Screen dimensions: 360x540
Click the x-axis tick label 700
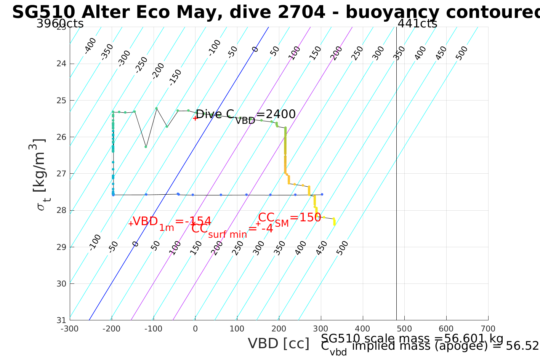coord(488,329)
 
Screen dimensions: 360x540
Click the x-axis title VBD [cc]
coord(279,344)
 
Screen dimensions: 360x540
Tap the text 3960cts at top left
coord(60,24)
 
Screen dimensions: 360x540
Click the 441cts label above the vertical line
coord(417,24)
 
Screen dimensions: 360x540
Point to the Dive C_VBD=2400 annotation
coord(245,115)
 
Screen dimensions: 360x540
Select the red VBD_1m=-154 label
coord(171,222)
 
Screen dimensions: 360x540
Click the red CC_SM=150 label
coord(290,218)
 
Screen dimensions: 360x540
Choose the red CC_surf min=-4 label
coord(232,230)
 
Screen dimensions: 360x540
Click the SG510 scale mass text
coord(412,338)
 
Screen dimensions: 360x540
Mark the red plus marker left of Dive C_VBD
coord(195,118)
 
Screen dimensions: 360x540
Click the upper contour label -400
coord(90,46)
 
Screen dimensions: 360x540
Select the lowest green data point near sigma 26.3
coord(146,147)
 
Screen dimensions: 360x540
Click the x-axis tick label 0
coord(195,329)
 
